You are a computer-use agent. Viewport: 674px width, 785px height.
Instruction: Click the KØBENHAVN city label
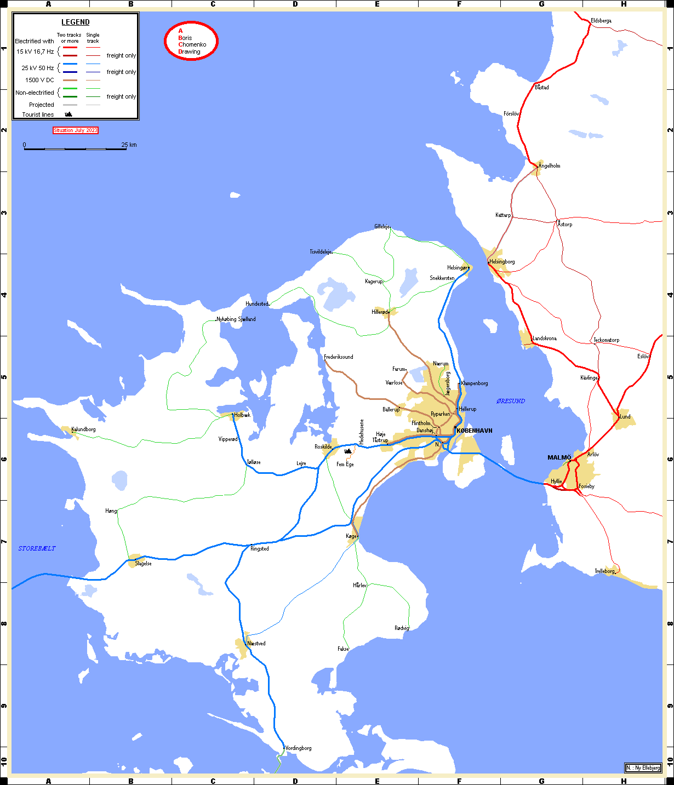coord(475,431)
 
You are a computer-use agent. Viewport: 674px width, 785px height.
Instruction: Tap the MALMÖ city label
coord(559,457)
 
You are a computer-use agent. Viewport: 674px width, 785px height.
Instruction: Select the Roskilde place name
coord(323,447)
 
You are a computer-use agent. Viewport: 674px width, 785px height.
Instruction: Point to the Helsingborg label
coord(502,262)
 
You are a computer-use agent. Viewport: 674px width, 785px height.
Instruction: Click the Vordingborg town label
coord(299,748)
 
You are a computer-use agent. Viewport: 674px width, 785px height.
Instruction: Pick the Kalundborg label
coord(84,429)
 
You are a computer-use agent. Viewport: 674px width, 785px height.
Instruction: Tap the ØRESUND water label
coord(511,401)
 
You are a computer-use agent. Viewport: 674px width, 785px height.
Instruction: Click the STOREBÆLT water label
coord(37,548)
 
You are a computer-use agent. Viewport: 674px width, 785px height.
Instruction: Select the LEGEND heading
coord(76,22)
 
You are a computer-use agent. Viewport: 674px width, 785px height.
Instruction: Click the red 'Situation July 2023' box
coord(76,130)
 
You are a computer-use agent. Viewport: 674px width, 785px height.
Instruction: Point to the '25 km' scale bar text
coord(129,145)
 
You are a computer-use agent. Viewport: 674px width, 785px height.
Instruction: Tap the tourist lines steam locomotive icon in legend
coord(68,114)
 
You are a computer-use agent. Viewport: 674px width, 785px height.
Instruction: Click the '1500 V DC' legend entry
coord(39,80)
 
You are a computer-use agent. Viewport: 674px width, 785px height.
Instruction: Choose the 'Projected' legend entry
coord(42,105)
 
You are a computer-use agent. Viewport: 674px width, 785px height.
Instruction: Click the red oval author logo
coord(191,41)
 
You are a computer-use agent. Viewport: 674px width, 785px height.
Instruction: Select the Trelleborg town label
coord(605,571)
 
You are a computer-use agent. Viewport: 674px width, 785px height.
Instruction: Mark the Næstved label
coord(256,644)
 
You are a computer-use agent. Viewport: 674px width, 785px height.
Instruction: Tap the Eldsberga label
coord(601,21)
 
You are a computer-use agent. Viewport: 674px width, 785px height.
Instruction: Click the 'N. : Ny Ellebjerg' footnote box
coord(643,768)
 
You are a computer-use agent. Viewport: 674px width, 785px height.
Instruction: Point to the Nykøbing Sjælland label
coord(236,319)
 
